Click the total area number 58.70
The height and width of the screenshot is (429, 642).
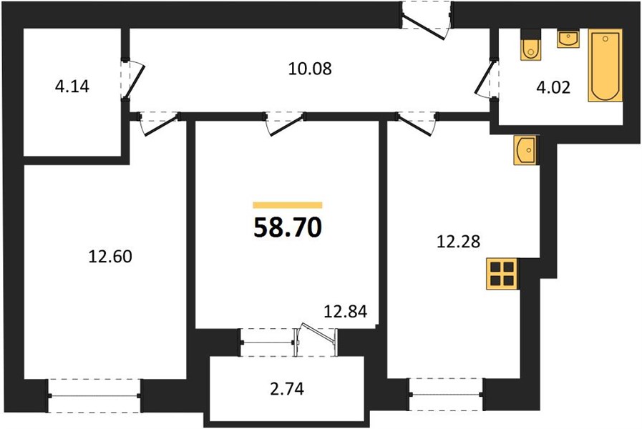click(288, 228)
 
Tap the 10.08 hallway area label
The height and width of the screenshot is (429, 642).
click(310, 69)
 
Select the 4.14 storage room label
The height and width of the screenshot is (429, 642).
click(72, 87)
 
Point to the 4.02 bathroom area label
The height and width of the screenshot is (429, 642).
click(553, 87)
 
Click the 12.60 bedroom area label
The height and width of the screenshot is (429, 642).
click(110, 257)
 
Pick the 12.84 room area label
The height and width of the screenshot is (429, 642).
click(345, 312)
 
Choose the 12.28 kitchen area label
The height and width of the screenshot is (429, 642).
click(458, 241)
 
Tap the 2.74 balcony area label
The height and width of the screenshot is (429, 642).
click(287, 389)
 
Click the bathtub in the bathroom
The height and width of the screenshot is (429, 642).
click(605, 65)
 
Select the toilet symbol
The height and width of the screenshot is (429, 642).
click(530, 44)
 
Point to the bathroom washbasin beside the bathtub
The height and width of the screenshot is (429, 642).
click(568, 39)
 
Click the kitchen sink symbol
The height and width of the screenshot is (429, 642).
click(525, 150)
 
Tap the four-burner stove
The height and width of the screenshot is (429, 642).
click(502, 274)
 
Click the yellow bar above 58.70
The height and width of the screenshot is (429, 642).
click(288, 205)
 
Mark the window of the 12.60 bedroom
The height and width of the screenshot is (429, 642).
click(94, 395)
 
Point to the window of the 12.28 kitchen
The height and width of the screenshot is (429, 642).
click(446, 394)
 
